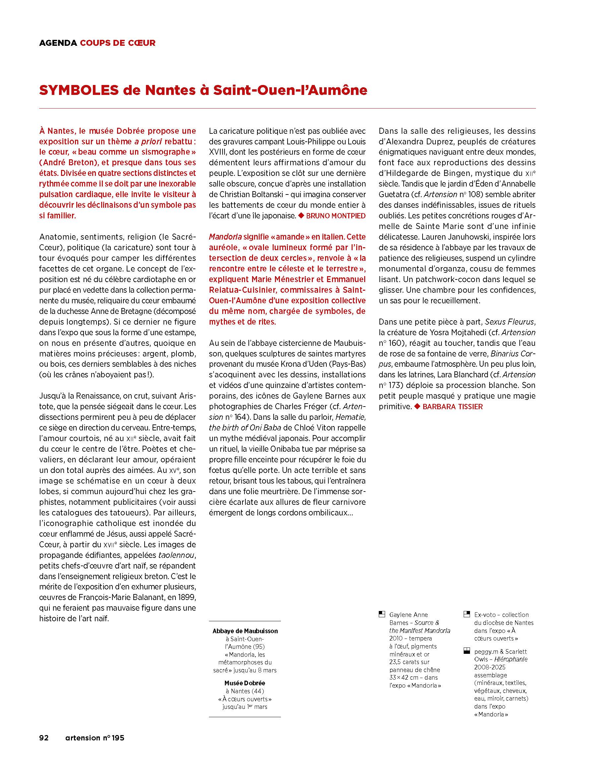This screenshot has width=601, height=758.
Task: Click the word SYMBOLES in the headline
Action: (79, 90)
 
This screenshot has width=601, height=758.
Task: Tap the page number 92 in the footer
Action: (44, 738)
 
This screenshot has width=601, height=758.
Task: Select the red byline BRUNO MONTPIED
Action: (336, 216)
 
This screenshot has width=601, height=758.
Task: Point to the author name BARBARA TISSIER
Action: (453, 407)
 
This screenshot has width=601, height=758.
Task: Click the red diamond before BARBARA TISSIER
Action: (417, 407)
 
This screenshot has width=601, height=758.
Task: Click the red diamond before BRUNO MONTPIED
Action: (301, 215)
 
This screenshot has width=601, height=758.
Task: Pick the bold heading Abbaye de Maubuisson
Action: (245, 631)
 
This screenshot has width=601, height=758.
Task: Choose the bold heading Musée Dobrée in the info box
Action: (245, 683)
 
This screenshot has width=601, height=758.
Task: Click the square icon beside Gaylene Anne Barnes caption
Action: (382, 615)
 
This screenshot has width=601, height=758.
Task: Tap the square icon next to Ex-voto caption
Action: (467, 615)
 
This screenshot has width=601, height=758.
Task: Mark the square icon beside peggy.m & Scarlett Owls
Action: (467, 651)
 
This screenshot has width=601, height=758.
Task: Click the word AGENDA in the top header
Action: (58, 43)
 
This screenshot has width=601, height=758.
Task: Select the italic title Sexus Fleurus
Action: (509, 322)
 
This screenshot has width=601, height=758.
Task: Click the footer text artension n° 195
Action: (95, 738)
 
